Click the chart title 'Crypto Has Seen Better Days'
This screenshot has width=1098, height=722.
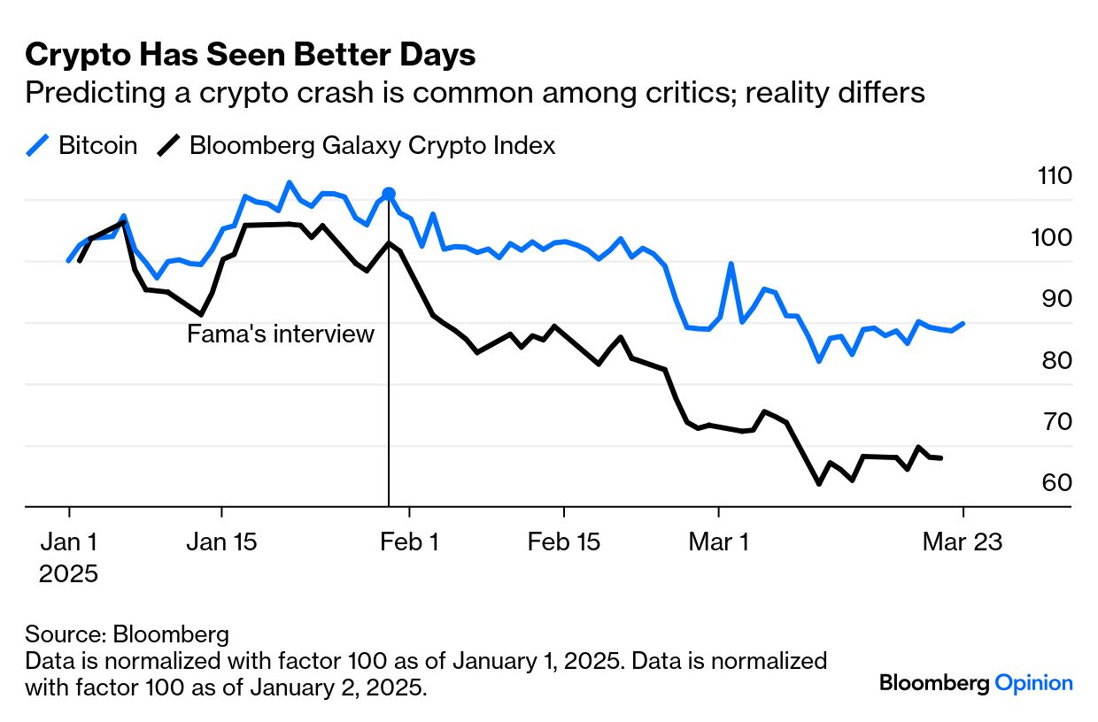coord(251,55)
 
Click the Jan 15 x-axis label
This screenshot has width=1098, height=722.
coord(221,541)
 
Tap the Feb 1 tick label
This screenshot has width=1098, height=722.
coord(409,541)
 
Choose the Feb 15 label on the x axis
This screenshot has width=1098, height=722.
coord(564,541)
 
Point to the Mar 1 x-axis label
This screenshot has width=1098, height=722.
coord(718,541)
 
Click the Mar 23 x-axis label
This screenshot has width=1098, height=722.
coord(963,541)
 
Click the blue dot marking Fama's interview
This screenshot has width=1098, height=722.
coord(388,194)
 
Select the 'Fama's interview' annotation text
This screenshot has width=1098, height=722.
coord(281,334)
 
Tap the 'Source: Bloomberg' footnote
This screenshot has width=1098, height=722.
coord(127,634)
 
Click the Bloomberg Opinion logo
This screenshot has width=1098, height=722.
coord(976,683)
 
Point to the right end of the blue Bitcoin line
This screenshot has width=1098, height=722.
coord(963,324)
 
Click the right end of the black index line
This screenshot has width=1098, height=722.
coord(941,458)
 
